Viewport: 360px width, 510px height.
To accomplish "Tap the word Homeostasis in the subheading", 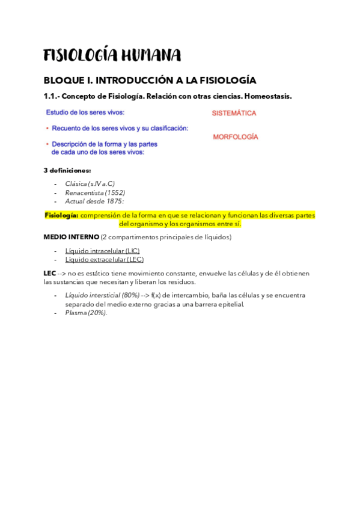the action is pos(268,96).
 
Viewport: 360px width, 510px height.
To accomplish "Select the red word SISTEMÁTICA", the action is pos(234,113).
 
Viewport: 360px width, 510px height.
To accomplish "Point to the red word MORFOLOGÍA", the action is pos(236,137).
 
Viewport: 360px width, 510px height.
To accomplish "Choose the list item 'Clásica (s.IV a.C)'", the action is pos(90,183).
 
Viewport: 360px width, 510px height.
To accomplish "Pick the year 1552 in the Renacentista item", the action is pos(115,192).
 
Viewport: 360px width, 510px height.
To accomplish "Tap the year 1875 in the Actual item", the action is pos(112,201).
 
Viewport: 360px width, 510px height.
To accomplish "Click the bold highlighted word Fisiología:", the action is pos(62,215).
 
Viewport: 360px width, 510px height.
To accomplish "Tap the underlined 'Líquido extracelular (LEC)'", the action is pos(104,259).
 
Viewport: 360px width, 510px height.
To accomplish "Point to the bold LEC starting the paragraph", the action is pos(50,273).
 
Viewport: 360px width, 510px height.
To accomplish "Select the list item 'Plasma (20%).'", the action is pos(86,313).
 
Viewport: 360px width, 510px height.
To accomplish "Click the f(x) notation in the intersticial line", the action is pos(157,295).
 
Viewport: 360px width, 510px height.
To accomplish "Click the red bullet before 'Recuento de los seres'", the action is pos(47,128).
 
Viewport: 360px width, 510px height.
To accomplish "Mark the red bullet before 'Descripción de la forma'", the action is pos(47,144).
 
